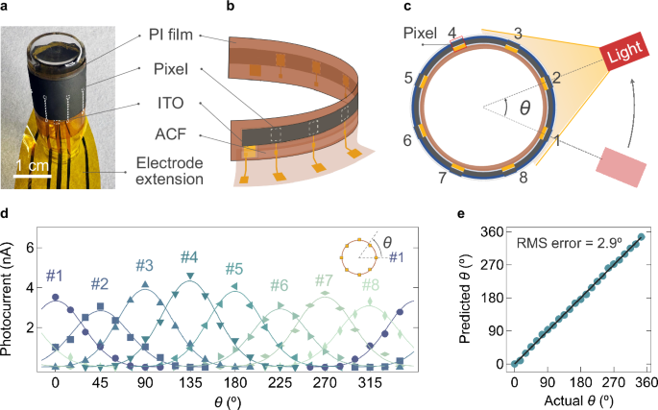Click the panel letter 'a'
coord(7,8)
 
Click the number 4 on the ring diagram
coord(451,34)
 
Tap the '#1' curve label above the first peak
coord(55,274)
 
